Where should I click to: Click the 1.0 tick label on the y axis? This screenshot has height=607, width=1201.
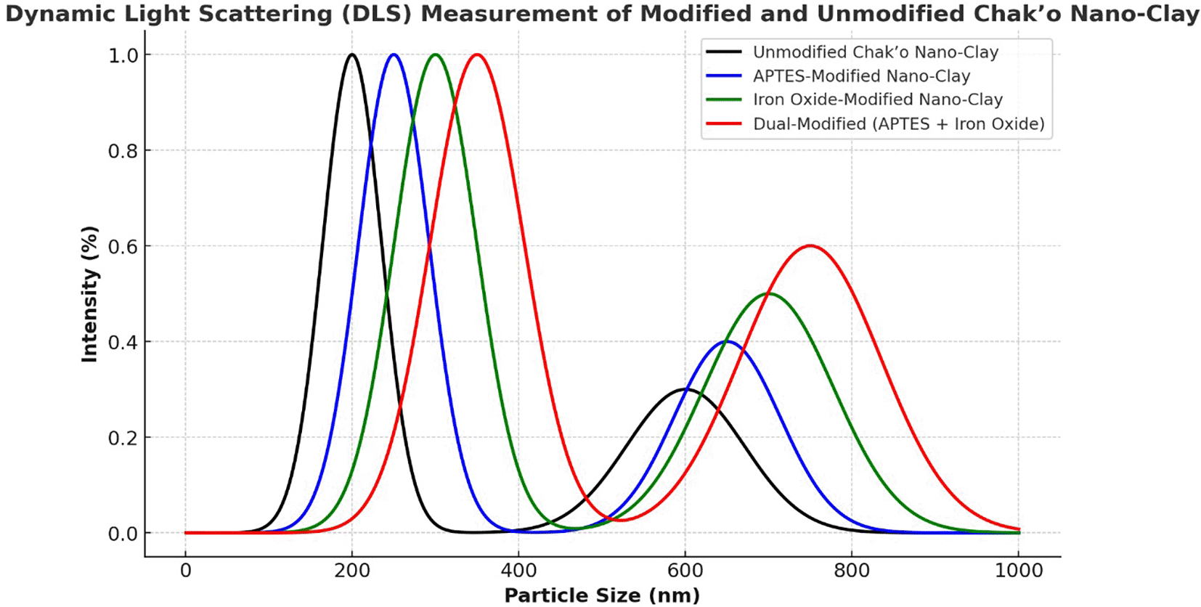pyautogui.click(x=123, y=56)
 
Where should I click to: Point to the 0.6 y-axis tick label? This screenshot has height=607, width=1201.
pyautogui.click(x=123, y=247)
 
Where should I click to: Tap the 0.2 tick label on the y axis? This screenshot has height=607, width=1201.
pyautogui.click(x=123, y=438)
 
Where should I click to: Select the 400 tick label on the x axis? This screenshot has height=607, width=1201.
pyautogui.click(x=518, y=571)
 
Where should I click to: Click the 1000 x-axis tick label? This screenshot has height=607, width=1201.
pyautogui.click(x=1019, y=571)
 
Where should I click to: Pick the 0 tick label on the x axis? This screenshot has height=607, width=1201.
pyautogui.click(x=186, y=571)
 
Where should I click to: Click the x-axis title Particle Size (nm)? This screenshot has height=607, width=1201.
pyautogui.click(x=602, y=595)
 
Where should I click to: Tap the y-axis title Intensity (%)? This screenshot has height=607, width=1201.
pyautogui.click(x=89, y=294)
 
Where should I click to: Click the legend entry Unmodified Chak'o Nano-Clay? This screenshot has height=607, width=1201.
pyautogui.click(x=875, y=52)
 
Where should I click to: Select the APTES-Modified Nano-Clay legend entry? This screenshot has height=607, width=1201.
pyautogui.click(x=861, y=76)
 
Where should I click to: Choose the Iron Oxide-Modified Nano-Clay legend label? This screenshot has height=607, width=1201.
pyautogui.click(x=877, y=99)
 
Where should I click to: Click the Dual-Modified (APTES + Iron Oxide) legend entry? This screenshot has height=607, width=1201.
pyautogui.click(x=898, y=123)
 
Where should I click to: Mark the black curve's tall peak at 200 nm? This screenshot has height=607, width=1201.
pyautogui.click(x=352, y=54)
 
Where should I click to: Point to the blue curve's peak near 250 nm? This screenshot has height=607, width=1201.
pyautogui.click(x=394, y=54)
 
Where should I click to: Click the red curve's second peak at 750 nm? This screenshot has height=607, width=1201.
pyautogui.click(x=810, y=246)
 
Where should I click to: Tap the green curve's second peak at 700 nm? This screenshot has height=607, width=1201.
pyautogui.click(x=769, y=293)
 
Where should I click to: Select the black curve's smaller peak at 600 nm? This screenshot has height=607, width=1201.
pyautogui.click(x=685, y=389)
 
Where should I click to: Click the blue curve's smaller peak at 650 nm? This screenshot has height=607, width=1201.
pyautogui.click(x=727, y=341)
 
